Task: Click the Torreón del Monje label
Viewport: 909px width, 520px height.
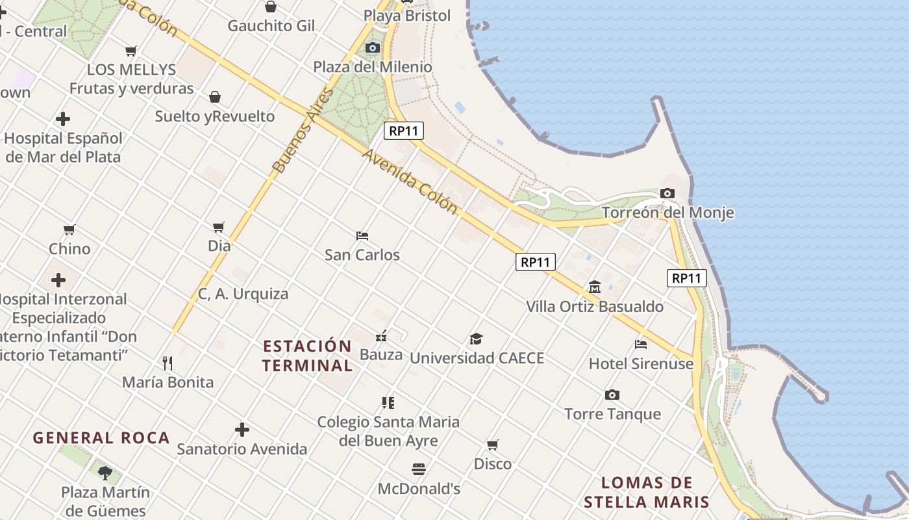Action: point(668,213)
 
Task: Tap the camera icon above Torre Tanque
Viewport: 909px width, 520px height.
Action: point(612,395)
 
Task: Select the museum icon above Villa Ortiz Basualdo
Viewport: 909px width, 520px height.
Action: point(594,287)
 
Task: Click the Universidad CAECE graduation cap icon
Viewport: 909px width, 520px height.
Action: point(477,339)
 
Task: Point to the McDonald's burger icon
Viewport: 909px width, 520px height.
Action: point(419,469)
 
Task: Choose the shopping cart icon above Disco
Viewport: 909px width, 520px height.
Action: point(493,445)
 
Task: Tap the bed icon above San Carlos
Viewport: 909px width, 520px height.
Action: point(362,235)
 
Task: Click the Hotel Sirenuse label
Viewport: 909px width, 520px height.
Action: point(641,364)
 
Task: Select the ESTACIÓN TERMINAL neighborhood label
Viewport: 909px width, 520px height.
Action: point(307,356)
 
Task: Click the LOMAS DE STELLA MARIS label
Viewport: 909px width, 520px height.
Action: point(647,492)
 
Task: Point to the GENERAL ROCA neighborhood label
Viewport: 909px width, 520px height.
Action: point(101,437)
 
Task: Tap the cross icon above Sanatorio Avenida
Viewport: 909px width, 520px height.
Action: point(242,430)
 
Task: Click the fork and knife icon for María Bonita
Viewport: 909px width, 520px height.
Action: point(168,363)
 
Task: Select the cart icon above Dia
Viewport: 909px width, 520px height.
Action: point(219,227)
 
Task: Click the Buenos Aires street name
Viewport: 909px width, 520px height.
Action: point(303,130)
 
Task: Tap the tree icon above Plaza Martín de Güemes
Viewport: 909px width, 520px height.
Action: point(105,473)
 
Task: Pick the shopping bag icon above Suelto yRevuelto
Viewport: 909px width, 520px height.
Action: point(215,97)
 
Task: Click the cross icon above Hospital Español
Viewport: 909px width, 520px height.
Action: point(63,119)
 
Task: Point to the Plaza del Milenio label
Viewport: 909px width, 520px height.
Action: point(373,66)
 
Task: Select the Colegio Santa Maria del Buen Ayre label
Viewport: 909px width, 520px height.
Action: point(388,431)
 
